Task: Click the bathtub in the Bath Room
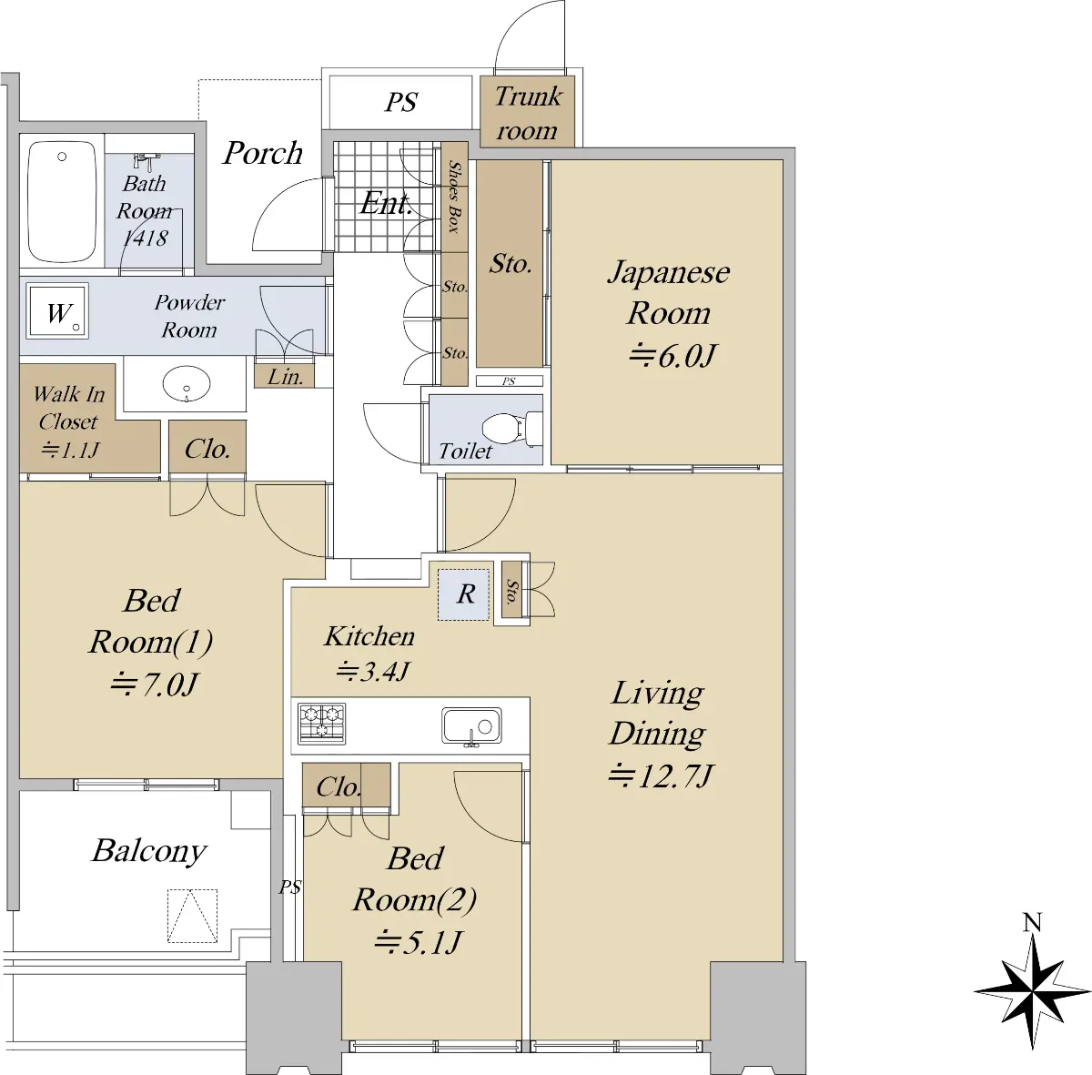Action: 62,202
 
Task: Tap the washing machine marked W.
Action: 59,311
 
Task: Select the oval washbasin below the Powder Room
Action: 186,384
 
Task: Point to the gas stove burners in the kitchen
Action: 322,723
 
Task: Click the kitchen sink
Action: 471,726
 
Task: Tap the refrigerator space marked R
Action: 464,594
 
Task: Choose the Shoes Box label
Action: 454,197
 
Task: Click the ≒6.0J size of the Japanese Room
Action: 672,356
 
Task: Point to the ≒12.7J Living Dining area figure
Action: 660,776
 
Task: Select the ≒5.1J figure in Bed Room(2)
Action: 419,942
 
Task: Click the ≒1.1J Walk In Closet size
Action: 70,450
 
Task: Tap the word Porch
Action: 262,153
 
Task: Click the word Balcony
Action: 149,852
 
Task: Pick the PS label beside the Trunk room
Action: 401,103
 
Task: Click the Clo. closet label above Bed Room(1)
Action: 207,449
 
